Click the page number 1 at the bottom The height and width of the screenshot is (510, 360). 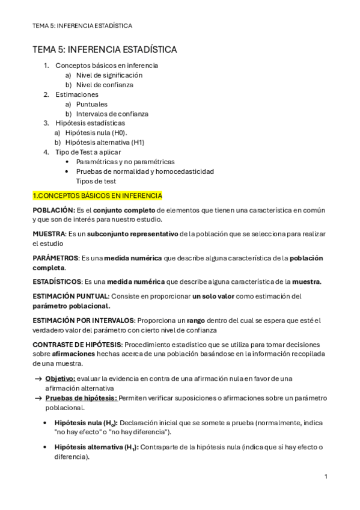[326, 476]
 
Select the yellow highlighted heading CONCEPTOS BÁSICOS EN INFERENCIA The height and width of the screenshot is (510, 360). [97, 196]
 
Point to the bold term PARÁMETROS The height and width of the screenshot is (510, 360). [56, 258]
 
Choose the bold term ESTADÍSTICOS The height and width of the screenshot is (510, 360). [56, 281]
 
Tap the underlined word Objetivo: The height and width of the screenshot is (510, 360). [61, 378]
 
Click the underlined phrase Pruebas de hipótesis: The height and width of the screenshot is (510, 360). [81, 398]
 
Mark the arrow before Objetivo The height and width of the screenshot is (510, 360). [37, 378]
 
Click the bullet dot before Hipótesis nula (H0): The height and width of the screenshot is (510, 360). [46, 423]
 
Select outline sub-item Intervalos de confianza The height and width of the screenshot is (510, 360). [112, 114]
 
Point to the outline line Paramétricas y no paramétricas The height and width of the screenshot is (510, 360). [125, 162]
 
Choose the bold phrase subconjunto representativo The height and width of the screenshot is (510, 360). [132, 233]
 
